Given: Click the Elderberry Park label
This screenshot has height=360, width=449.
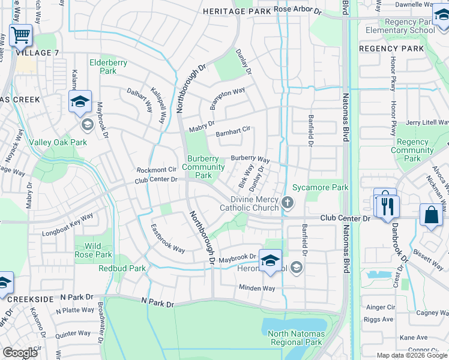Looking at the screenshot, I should point(102,67).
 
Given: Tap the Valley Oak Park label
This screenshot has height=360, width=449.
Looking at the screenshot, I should point(58,142).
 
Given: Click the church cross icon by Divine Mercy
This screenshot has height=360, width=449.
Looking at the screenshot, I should point(287,203).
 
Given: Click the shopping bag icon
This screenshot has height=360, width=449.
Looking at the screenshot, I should point(431,215).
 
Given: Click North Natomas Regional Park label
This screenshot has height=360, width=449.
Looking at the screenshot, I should point(296,338).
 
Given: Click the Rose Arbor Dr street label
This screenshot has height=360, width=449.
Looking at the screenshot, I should point(298,10).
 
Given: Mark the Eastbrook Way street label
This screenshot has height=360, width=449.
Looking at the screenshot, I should point(167,239).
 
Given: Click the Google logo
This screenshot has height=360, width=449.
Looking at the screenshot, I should point(20,353).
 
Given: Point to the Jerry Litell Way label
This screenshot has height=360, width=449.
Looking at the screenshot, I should point(426,122).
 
